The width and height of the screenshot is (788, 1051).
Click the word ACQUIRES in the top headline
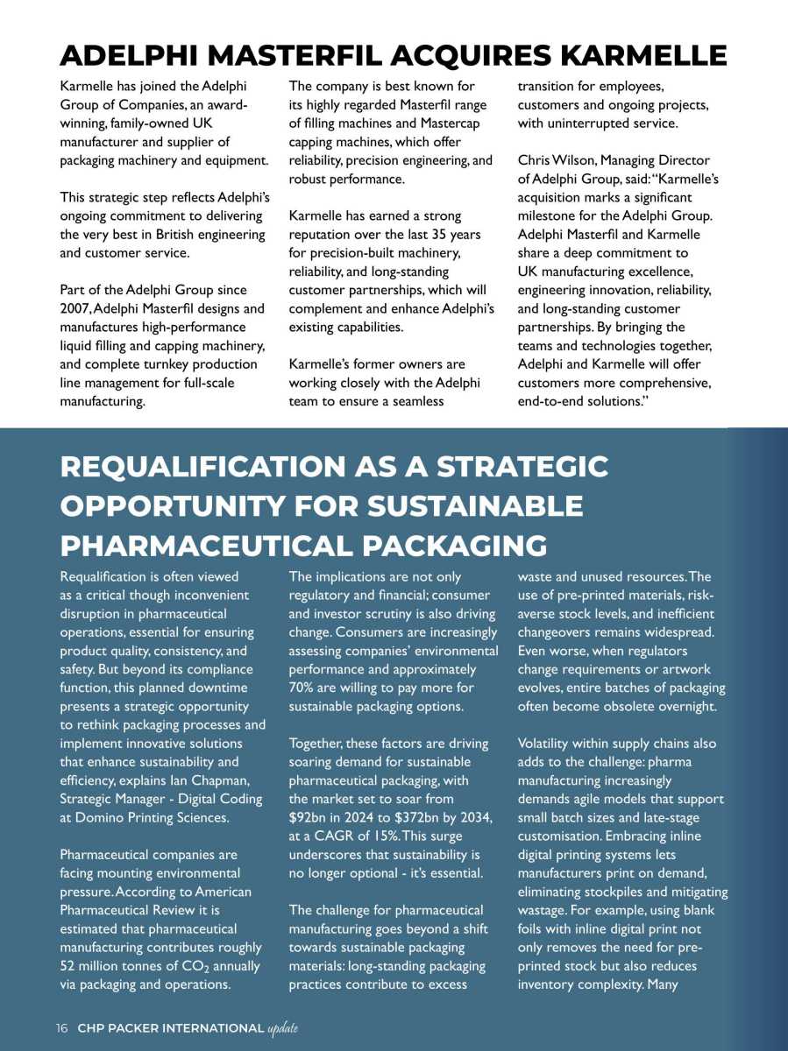(471, 56)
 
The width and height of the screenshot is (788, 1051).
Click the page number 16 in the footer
(62, 1027)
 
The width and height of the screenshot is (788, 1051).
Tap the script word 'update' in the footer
(283, 1027)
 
